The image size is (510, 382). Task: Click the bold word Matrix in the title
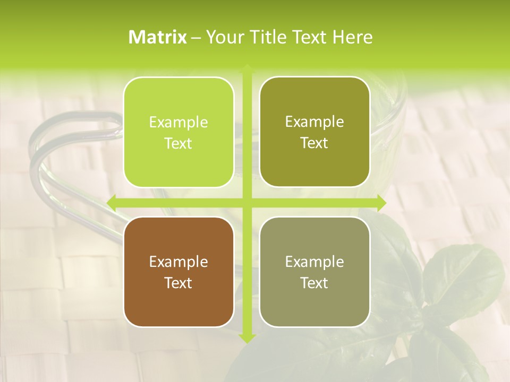point(158,37)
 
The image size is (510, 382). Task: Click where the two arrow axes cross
point(246,203)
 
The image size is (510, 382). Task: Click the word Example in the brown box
point(178,262)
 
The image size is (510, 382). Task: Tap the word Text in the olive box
point(314,143)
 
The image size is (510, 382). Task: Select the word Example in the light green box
point(178,122)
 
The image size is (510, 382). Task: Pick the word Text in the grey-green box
point(314,283)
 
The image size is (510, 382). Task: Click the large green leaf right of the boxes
point(467,276)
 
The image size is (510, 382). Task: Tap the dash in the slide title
point(196,38)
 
